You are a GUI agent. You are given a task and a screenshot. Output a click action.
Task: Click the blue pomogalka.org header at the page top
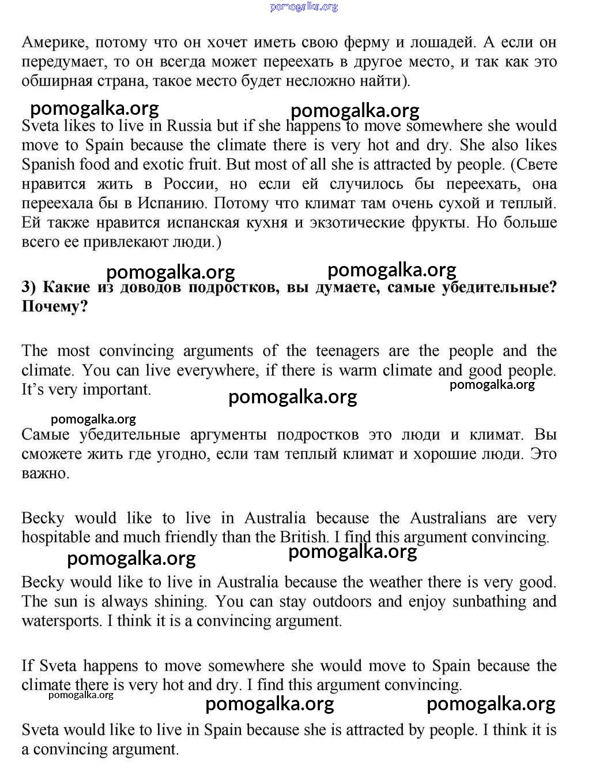tap(304, 7)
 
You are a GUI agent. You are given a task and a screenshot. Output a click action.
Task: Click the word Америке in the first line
tap(55, 43)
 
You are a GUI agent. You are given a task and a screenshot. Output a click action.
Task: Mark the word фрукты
tap(439, 223)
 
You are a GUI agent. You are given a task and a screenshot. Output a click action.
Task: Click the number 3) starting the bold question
tap(29, 287)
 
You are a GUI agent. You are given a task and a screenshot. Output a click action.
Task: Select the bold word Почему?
tap(55, 306)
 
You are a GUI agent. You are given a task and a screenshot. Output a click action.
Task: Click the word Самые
tap(46, 435)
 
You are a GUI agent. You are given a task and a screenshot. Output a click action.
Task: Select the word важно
tap(45, 474)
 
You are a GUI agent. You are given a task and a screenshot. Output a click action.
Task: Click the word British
tap(304, 537)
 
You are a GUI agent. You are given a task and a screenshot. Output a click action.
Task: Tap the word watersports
tap(61, 621)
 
